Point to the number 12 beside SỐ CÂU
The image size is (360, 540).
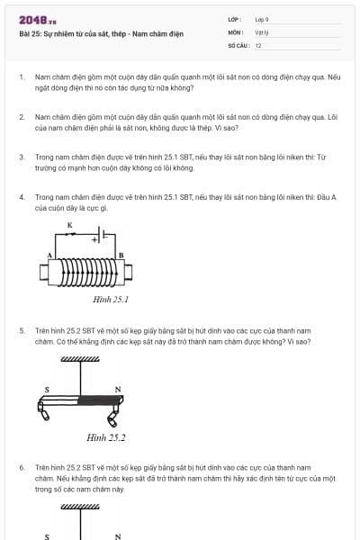258,44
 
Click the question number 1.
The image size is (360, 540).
21,78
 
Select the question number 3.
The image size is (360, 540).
21,156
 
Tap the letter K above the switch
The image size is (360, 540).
69,223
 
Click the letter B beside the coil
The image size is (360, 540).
121,256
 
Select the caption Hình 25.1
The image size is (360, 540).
111,299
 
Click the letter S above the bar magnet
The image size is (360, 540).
47,390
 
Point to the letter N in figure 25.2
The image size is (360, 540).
117,390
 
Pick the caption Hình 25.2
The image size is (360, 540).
105,437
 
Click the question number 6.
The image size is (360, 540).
21,468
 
